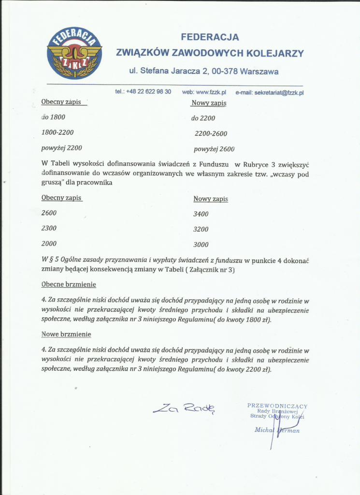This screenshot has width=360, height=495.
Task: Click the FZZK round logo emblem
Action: click(x=74, y=53)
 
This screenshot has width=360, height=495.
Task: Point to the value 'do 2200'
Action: click(x=203, y=118)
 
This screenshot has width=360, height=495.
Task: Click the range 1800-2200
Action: click(x=58, y=132)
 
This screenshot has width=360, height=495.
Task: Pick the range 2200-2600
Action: click(x=211, y=133)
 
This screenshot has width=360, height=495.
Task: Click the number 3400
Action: click(x=201, y=214)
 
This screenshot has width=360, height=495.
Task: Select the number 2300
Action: click(x=49, y=228)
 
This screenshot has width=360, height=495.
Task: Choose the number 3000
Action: click(x=201, y=245)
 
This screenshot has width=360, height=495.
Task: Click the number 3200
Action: click(x=201, y=229)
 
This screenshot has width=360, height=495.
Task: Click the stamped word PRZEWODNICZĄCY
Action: click(x=277, y=406)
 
